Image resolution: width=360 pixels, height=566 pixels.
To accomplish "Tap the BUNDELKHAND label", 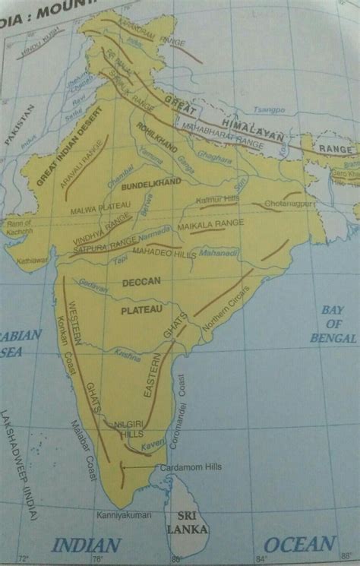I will tap(165, 183).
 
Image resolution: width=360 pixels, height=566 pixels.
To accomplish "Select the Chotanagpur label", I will tap(287, 204).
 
